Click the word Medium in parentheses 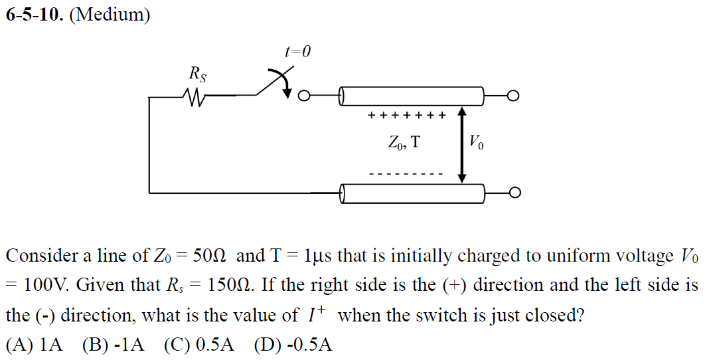pos(110,15)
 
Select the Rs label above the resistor pos(197,74)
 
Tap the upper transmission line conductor pos(412,96)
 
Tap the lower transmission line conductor pos(412,193)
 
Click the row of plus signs pos(406,116)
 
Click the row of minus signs pos(406,174)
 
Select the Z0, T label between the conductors pos(404,142)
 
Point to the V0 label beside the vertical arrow pos(477,142)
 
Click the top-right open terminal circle pos(514,96)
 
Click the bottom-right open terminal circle pos(514,193)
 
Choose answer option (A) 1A pos(35,345)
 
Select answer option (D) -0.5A pos(293,345)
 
